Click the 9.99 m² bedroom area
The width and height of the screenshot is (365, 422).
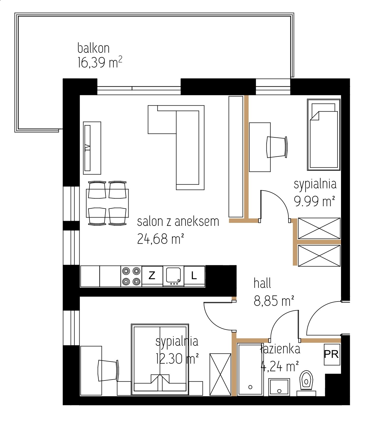(314, 201)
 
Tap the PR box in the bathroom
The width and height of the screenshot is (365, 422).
(332, 355)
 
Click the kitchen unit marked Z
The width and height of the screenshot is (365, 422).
(152, 276)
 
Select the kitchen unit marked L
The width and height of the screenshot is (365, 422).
(194, 276)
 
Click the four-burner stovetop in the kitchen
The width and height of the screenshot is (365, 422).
(131, 276)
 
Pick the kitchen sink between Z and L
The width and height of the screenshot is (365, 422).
(173, 276)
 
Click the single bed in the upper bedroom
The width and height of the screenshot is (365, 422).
(324, 135)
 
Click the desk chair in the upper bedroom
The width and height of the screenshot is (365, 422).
(277, 147)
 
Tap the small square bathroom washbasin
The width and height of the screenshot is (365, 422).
(279, 387)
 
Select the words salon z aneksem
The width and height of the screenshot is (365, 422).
(178, 221)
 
